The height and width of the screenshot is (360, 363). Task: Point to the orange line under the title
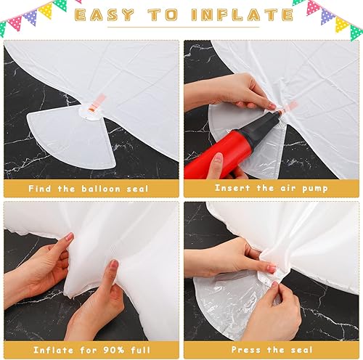tap(181, 28)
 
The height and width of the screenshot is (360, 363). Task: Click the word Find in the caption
tap(40, 189)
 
